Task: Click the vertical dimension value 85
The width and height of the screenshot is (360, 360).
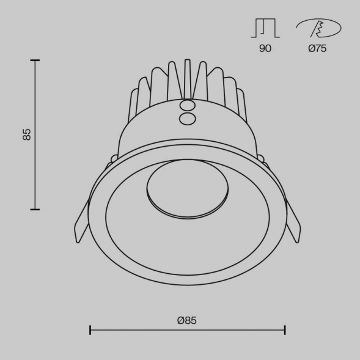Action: tap(26, 135)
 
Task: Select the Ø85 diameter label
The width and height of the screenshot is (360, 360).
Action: tap(187, 320)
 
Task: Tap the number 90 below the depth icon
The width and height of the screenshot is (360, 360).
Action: tap(265, 49)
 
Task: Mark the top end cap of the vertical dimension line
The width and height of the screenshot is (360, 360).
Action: tap(35, 61)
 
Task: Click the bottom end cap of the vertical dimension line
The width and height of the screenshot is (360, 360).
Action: tap(35, 210)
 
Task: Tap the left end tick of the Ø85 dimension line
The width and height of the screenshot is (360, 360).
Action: tap(90, 330)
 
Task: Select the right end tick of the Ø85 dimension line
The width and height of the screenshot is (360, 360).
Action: tap(285, 330)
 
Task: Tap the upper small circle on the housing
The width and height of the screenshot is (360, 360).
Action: tap(188, 106)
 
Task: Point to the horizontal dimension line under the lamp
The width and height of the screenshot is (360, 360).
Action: tap(187, 330)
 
